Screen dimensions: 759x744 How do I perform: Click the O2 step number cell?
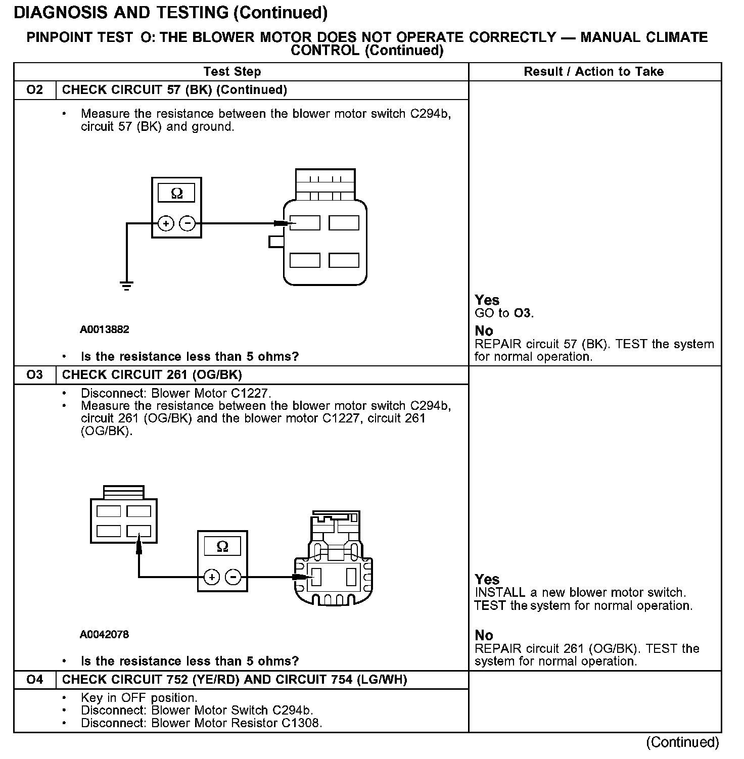click(34, 90)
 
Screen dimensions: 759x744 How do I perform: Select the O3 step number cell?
click(34, 375)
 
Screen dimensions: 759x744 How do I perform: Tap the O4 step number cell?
click(34, 680)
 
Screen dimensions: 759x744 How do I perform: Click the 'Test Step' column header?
click(232, 72)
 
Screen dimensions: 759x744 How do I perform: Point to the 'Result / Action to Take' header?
click(593, 72)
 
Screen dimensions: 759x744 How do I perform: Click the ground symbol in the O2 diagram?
click(126, 286)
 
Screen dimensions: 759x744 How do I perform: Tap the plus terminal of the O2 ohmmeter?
click(166, 223)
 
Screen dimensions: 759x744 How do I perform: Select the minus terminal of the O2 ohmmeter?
click(188, 223)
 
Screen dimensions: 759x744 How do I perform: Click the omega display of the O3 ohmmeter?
click(222, 547)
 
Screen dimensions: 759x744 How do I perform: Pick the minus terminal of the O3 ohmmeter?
click(233, 577)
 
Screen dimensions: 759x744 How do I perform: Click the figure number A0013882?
click(104, 329)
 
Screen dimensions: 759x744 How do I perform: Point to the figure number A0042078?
click(104, 634)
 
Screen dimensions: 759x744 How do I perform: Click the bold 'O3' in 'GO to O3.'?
click(522, 313)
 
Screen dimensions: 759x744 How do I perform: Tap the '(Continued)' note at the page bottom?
click(682, 742)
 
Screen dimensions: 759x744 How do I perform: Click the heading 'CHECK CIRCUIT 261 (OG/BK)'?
click(152, 375)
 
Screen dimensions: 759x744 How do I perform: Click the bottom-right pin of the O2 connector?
click(344, 260)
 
